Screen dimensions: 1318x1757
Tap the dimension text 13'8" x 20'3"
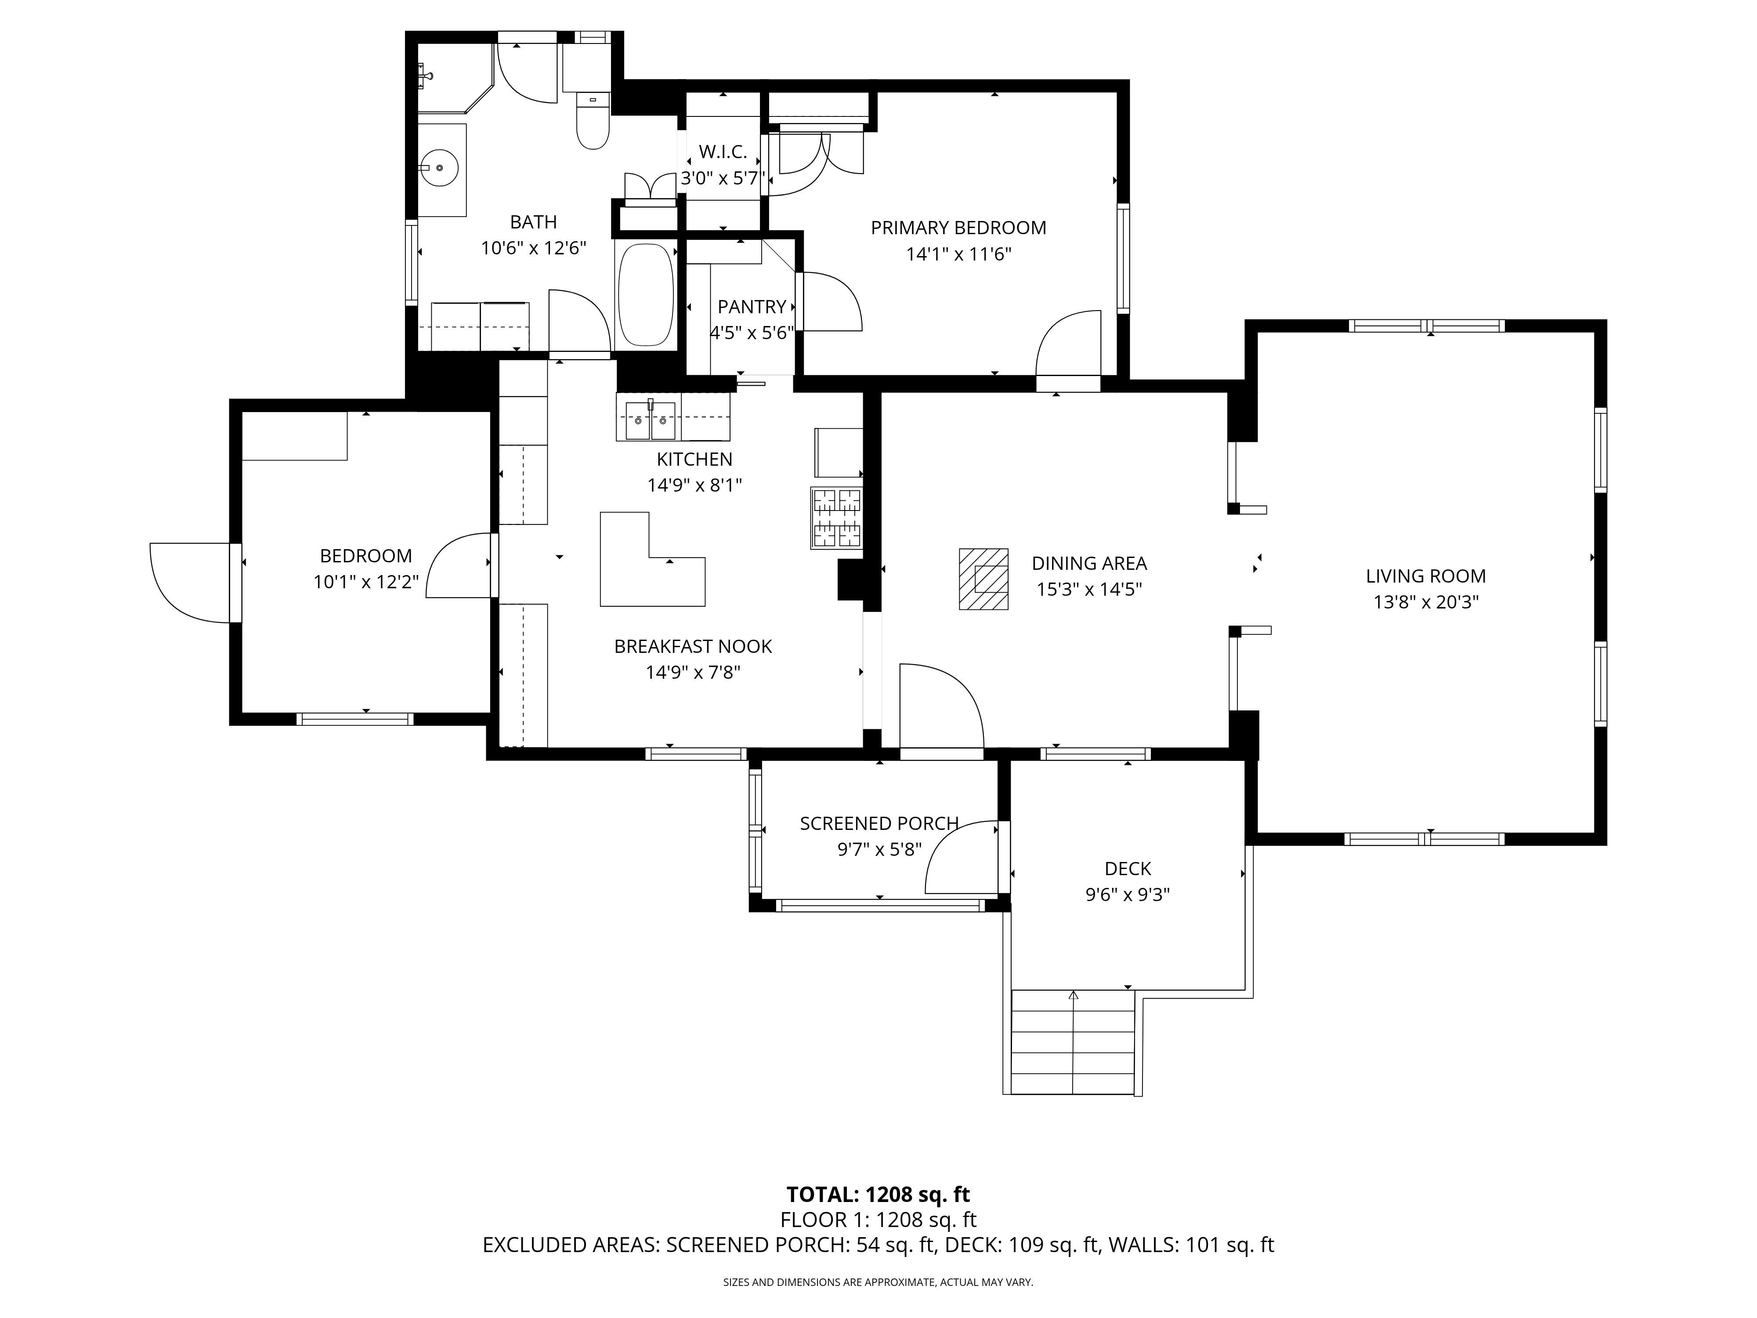point(1426,602)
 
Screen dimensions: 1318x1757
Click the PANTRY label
point(752,307)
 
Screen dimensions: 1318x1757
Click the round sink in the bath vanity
point(438,168)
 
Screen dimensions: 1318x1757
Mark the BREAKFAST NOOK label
point(693,647)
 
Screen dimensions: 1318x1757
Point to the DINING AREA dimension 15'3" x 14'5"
point(1089,590)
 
